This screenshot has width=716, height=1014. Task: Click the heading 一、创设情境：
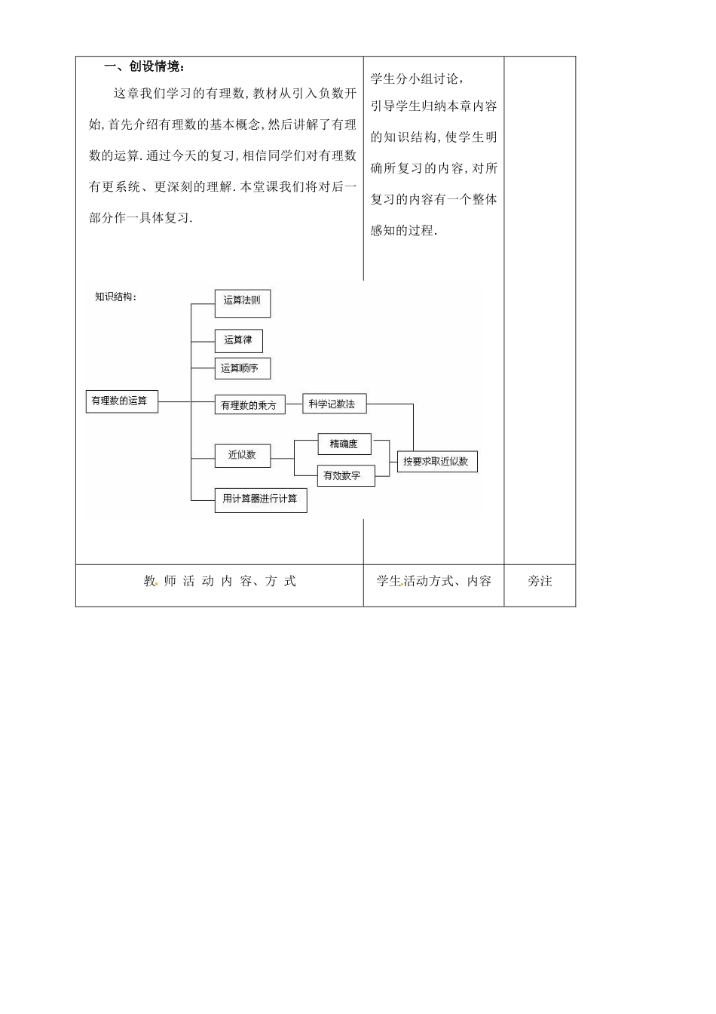143,67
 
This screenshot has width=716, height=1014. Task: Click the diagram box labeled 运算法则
242,302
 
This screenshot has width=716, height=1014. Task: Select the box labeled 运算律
238,340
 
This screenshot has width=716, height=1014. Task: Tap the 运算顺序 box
242,368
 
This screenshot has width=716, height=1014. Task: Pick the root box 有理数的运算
121,401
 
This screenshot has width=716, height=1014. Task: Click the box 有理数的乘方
249,405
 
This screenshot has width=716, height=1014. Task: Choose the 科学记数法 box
333,404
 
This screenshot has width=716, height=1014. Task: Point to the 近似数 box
242,455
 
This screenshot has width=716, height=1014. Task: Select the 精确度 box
344,444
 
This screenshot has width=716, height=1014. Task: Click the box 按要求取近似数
437,461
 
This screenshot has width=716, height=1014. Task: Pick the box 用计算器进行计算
260,499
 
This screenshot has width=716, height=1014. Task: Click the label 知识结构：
116,297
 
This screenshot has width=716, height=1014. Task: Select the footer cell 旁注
540,581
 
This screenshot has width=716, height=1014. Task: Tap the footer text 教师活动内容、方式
219,581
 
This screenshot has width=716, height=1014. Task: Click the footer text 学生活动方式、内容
433,581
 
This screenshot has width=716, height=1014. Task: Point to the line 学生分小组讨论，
417,78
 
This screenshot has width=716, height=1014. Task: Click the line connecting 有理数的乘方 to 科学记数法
294,404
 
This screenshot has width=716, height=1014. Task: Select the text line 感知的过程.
403,231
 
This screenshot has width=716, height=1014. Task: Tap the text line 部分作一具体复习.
141,218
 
